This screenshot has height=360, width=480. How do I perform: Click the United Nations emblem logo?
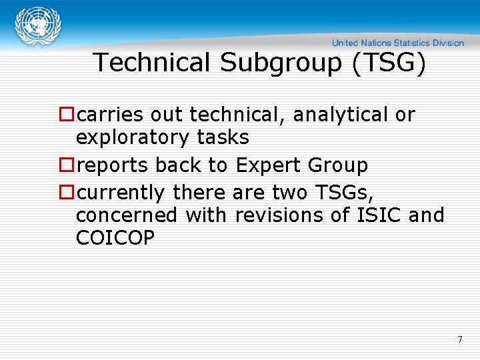click(39, 27)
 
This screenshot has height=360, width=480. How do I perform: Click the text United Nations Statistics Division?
click(398, 43)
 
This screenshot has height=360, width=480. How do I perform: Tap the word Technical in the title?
click(152, 63)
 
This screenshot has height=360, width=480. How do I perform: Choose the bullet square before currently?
click(67, 193)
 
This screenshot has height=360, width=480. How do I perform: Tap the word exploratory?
click(133, 138)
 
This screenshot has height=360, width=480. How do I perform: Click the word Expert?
click(267, 165)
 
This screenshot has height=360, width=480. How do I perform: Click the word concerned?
click(127, 215)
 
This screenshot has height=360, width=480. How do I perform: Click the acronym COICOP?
click(115, 238)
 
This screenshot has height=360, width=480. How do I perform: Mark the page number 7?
click(460, 340)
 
